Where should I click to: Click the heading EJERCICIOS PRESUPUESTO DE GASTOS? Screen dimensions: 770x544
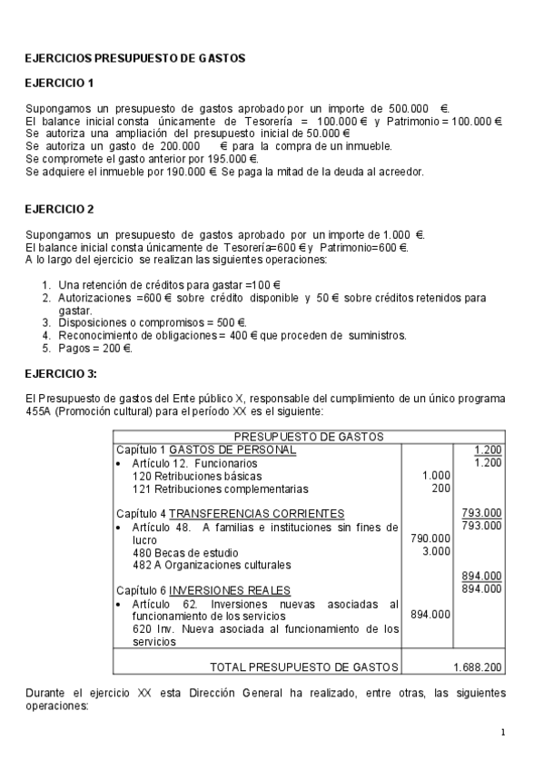pyautogui.click(x=134, y=58)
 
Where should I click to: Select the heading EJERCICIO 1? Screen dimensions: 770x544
pyautogui.click(x=59, y=84)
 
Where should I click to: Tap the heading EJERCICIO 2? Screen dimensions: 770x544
pyautogui.click(x=59, y=209)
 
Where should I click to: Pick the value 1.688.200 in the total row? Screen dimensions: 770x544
pyautogui.click(x=477, y=666)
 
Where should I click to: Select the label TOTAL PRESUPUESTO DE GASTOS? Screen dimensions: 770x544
pyautogui.click(x=304, y=666)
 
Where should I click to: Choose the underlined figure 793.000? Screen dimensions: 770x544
pyautogui.click(x=481, y=513)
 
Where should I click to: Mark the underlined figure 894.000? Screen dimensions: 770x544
pyautogui.click(x=481, y=576)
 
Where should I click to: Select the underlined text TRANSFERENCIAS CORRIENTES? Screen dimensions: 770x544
pyautogui.click(x=257, y=513)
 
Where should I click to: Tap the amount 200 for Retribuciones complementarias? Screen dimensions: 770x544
pyautogui.click(x=440, y=488)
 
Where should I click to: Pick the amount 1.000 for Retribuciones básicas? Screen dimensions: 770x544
pyautogui.click(x=437, y=475)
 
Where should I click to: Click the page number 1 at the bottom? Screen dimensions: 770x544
pyautogui.click(x=502, y=732)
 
